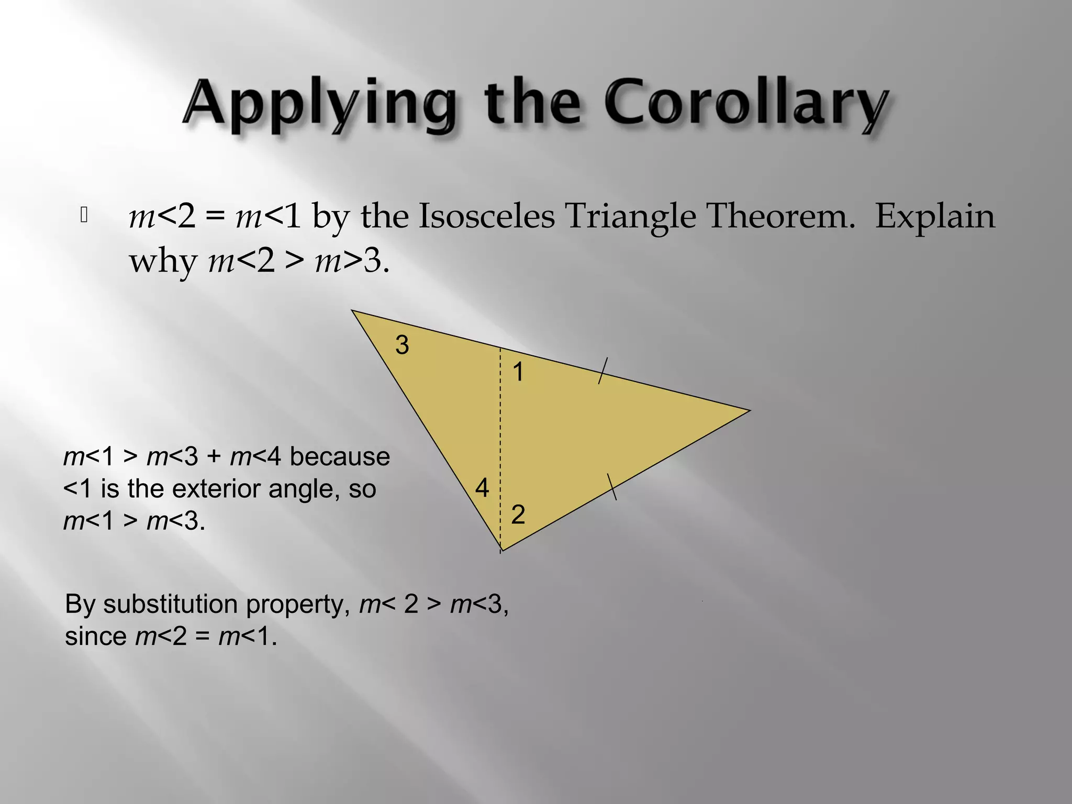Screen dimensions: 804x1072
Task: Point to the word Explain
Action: tap(935, 216)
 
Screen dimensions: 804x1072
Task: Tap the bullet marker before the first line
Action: tap(84, 215)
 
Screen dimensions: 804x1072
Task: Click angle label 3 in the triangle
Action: tap(402, 345)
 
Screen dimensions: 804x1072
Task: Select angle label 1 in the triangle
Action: tap(518, 372)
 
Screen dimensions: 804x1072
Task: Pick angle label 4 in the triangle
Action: tap(482, 488)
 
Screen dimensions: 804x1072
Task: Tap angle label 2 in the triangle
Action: tap(518, 515)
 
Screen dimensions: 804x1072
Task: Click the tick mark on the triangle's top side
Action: tap(603, 371)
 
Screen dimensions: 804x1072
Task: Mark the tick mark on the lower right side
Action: tap(612, 487)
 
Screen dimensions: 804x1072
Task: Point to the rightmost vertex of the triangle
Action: tap(749, 411)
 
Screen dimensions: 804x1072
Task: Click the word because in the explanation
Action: tap(340, 456)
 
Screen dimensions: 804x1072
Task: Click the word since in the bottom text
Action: tap(96, 637)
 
